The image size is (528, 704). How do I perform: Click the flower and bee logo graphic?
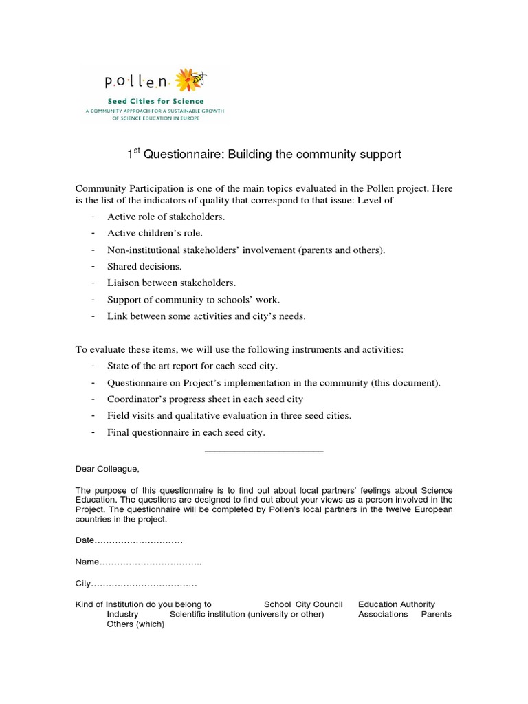coord(190,80)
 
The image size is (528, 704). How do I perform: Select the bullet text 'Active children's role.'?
coord(155,233)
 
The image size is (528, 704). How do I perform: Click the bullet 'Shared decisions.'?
coord(144,266)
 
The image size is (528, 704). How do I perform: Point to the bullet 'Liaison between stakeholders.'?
coord(171,283)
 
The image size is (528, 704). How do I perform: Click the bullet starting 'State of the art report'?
coord(192,366)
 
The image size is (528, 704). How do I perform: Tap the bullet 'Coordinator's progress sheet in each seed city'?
coord(205,399)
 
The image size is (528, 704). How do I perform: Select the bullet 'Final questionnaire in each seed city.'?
coord(186,432)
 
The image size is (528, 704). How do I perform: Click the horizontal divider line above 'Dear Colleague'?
coord(264,451)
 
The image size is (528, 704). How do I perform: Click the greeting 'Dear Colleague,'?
coord(107,469)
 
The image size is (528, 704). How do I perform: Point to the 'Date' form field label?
coord(85,541)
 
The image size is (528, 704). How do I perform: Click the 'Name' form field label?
coord(87,562)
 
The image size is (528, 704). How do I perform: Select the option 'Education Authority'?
coord(397,604)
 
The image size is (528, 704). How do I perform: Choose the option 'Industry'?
coord(122,614)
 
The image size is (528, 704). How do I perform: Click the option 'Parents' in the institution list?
coord(436,614)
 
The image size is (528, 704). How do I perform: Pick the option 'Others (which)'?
coord(135,624)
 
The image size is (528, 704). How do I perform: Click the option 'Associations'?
coord(383,614)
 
